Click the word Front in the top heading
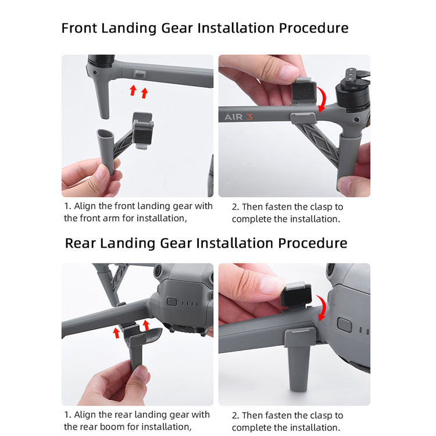[78, 28]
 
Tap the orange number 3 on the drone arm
[249, 117]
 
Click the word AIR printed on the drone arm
[234, 117]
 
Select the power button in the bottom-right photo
[344, 324]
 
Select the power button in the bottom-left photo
[172, 302]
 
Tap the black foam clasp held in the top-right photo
[303, 92]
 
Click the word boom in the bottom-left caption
[112, 427]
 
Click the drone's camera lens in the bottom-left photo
[158, 270]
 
